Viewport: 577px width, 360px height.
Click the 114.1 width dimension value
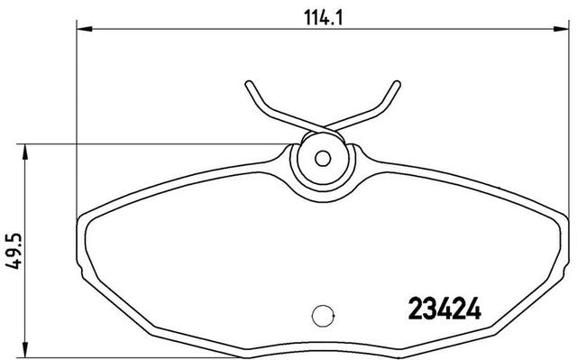pos(323,17)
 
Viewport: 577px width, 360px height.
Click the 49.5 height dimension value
pos(14,251)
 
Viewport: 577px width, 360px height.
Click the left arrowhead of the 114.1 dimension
pos(84,29)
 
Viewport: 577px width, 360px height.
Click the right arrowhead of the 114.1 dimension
pos(562,29)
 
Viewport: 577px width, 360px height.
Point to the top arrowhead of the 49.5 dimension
pos(25,152)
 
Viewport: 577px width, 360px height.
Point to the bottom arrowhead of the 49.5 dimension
pos(25,350)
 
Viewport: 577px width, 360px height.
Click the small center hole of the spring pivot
pos(323,158)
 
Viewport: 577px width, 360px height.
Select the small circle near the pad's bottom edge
pos(323,316)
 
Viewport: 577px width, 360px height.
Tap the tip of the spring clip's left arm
pos(249,84)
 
